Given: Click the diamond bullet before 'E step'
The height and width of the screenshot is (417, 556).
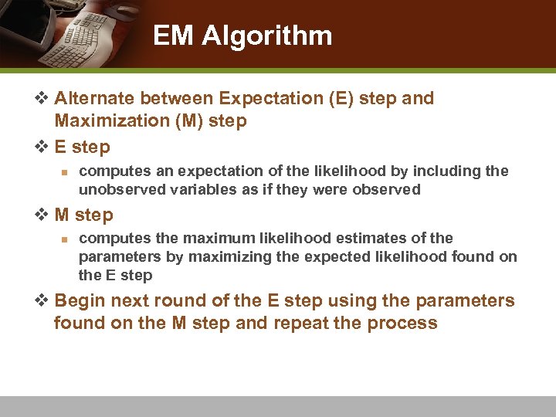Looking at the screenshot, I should [43, 147].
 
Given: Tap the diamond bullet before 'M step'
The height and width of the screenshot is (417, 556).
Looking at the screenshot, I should [43, 215].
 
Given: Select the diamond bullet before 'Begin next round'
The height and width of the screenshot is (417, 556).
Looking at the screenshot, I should [43, 300].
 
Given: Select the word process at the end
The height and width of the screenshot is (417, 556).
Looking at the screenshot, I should [407, 323].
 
